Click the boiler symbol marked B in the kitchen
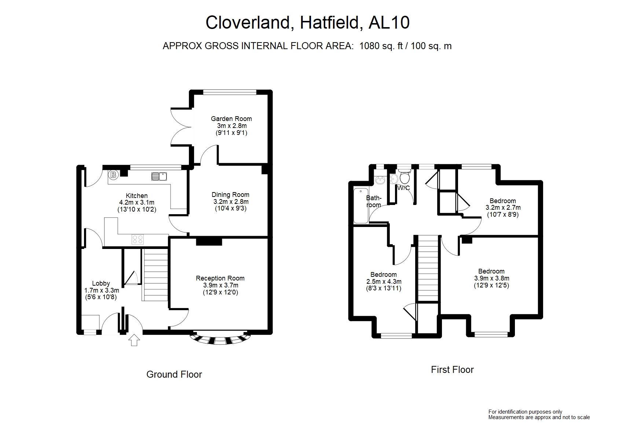[x=113, y=175]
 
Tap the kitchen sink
[x=159, y=176]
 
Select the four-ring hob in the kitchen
[x=138, y=239]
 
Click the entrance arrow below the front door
[x=134, y=340]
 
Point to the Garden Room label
[x=231, y=119]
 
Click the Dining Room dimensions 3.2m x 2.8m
[x=231, y=202]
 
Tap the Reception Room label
[x=220, y=278]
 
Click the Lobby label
[x=101, y=283]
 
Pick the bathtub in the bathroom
[x=361, y=205]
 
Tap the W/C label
[x=403, y=188]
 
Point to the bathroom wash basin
[x=380, y=180]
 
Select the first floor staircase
[x=428, y=268]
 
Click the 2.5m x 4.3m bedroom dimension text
[x=384, y=282]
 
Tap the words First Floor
[x=452, y=370]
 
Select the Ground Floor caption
[x=174, y=374]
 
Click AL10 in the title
[x=389, y=22]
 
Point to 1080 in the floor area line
[x=369, y=46]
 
